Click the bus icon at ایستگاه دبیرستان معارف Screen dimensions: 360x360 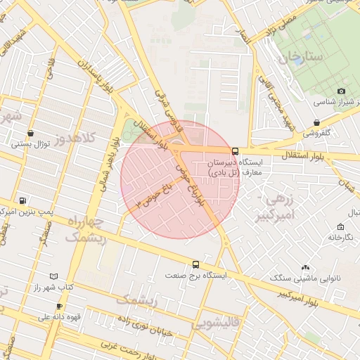235,150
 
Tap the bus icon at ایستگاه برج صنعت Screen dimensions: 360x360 195,265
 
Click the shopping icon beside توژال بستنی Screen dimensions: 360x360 30,133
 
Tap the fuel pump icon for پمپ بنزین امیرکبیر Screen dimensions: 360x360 24,200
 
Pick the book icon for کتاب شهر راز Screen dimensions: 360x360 55,277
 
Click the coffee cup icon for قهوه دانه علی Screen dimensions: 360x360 59,306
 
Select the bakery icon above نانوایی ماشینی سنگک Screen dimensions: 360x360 305,267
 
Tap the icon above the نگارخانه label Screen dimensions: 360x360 341,227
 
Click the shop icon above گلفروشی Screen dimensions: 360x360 317,122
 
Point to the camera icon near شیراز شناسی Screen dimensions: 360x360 341,91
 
